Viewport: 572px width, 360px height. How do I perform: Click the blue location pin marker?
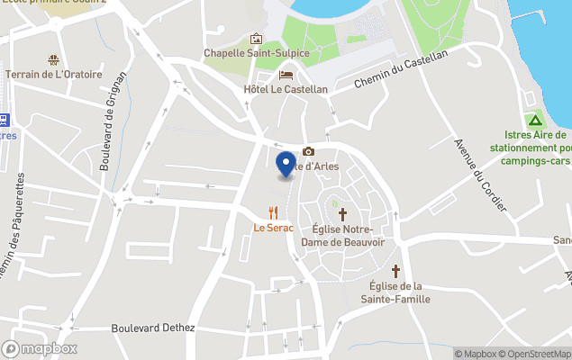[x=286, y=165]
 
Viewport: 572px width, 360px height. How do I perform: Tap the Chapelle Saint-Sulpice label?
[x=257, y=53]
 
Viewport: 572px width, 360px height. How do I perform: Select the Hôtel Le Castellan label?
[x=286, y=90]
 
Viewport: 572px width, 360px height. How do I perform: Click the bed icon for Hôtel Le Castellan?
[x=286, y=75]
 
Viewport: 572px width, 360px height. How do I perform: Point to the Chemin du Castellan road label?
[x=401, y=68]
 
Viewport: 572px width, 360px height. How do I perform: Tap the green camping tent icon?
[x=535, y=120]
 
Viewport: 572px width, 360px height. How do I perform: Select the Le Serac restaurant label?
[x=274, y=228]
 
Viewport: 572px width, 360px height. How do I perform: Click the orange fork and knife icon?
[x=273, y=212]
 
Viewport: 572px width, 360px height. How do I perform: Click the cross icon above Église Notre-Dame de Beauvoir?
[x=341, y=214]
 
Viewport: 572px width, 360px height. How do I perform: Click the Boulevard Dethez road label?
[x=153, y=328]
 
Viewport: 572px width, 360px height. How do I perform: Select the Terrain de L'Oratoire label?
[x=54, y=75]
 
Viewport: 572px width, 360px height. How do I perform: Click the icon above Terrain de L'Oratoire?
[x=54, y=60]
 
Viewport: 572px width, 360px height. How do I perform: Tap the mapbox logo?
[x=40, y=348]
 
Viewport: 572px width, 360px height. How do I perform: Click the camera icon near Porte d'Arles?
[x=309, y=152]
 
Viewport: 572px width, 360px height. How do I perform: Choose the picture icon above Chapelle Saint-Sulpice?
[x=257, y=39]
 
